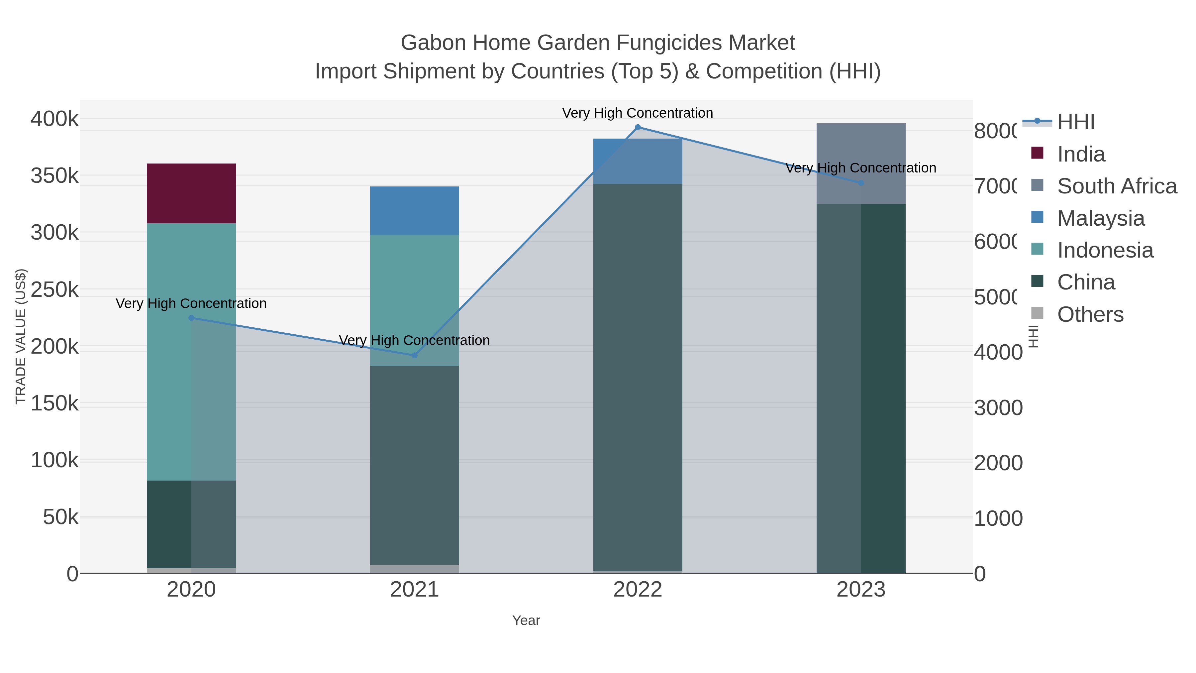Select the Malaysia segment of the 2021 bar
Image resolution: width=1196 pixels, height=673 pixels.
coord(414,210)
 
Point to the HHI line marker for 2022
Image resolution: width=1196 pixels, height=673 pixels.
coord(638,127)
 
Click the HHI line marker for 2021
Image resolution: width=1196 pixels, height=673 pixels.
coord(415,355)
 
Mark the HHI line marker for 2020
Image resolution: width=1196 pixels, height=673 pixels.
coord(191,318)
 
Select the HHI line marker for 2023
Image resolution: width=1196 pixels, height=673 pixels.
coord(861,183)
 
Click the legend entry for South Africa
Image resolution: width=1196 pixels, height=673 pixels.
coord(1116,186)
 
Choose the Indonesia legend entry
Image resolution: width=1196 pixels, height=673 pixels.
coord(1105,250)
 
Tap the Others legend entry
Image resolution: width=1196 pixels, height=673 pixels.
coord(1090,314)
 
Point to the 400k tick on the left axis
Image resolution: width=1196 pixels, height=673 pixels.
coord(54,119)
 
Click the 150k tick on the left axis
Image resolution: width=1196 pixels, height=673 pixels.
coord(54,403)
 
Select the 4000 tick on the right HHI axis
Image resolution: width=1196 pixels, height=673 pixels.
coord(997,352)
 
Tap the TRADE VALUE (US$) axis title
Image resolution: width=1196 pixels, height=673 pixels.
coord(20,336)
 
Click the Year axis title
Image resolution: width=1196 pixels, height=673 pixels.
coord(526,620)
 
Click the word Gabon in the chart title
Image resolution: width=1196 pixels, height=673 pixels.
coord(433,43)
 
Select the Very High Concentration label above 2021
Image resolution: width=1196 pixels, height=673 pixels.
coord(414,340)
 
